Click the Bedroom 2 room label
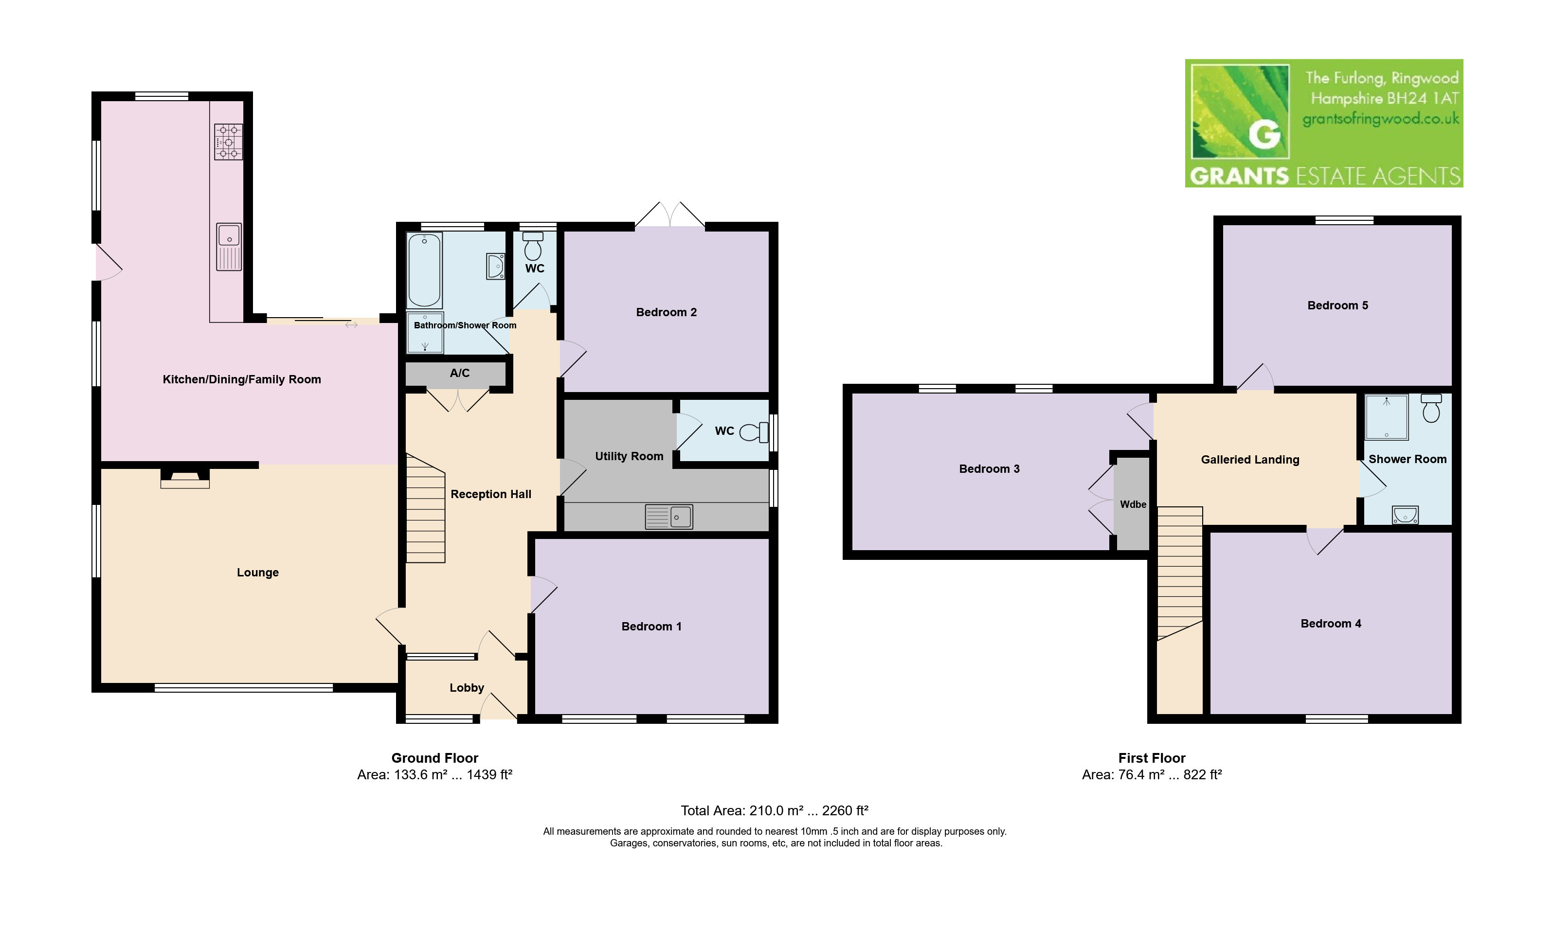pos(666,312)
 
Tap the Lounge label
pos(257,572)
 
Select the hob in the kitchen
pos(229,142)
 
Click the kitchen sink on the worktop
pos(229,247)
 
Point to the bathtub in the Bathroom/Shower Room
pos(425,270)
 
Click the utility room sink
pos(669,517)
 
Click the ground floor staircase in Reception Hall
pos(425,509)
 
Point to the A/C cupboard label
pos(459,373)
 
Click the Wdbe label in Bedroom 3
pos(1133,504)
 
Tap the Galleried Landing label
pos(1250,460)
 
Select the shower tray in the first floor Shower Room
pos(1386,416)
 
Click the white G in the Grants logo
pos(1264,134)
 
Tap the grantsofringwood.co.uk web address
pos(1380,119)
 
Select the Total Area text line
pos(774,810)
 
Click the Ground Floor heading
pos(434,758)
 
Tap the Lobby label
pos(467,688)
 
